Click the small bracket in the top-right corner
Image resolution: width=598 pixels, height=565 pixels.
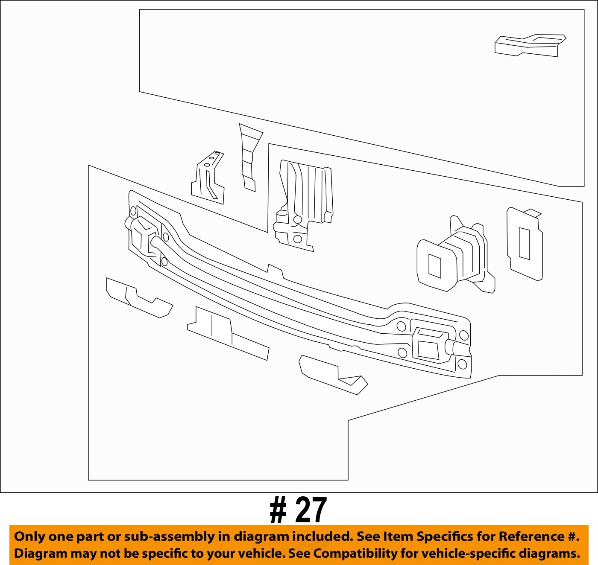pos(530,45)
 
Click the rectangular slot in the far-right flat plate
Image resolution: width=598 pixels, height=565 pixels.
pos(524,243)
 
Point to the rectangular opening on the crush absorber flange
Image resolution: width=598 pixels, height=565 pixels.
pos(434,266)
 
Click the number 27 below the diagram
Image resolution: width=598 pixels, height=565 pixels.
pos(311,510)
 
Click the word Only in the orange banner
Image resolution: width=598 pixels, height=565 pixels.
pos(29,536)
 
